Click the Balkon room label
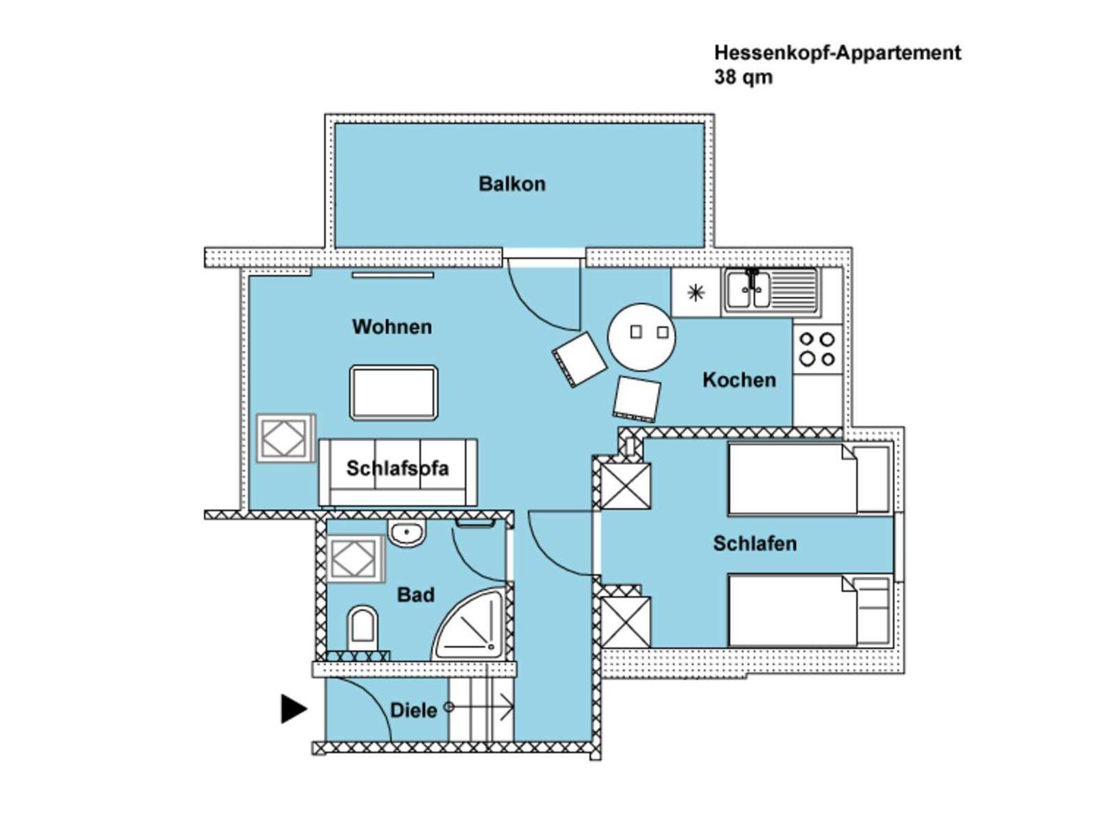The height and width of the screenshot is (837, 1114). [512, 184]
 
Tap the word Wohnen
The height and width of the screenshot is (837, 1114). [392, 327]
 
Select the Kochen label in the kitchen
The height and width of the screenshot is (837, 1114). [739, 380]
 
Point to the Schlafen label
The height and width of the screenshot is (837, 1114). [754, 544]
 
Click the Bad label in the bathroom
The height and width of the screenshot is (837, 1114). [416, 594]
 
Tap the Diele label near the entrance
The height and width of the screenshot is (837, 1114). [413, 710]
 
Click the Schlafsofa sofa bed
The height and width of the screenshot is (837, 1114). [398, 472]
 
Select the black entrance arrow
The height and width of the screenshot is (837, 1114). [293, 709]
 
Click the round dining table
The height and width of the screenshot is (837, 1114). [641, 337]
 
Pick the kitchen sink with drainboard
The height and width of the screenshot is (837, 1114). [771, 291]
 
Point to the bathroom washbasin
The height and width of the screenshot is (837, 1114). [406, 533]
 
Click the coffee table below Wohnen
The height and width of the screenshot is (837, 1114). [394, 392]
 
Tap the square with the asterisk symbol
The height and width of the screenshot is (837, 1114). [696, 293]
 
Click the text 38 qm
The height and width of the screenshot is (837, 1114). [743, 77]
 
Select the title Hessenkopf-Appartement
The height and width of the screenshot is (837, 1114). [837, 53]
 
